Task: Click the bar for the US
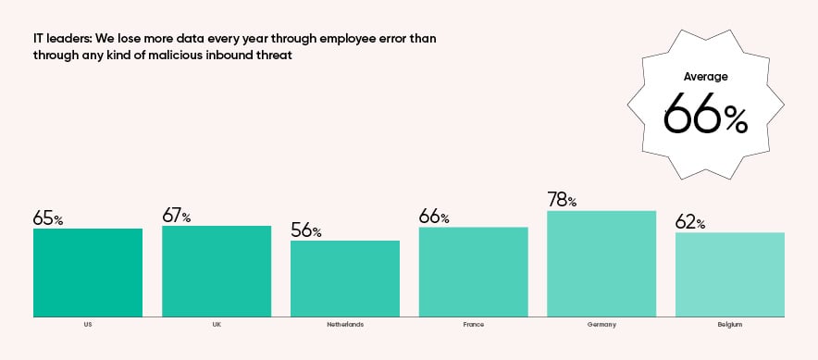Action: point(88,272)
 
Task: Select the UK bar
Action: point(217,270)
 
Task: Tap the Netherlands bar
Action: point(345,279)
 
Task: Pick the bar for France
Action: point(473,271)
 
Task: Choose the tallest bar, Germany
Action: point(601,264)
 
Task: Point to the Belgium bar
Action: point(730,274)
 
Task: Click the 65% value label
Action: point(48,219)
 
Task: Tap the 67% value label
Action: point(177,217)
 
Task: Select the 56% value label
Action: point(305,231)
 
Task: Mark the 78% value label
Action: point(562,201)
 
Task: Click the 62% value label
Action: point(690,223)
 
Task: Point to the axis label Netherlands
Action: point(345,325)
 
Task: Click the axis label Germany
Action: point(601,325)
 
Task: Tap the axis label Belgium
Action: point(730,325)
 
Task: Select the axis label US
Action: point(88,325)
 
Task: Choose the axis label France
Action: point(473,325)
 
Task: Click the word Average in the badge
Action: point(705,77)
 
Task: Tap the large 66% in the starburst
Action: point(705,115)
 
